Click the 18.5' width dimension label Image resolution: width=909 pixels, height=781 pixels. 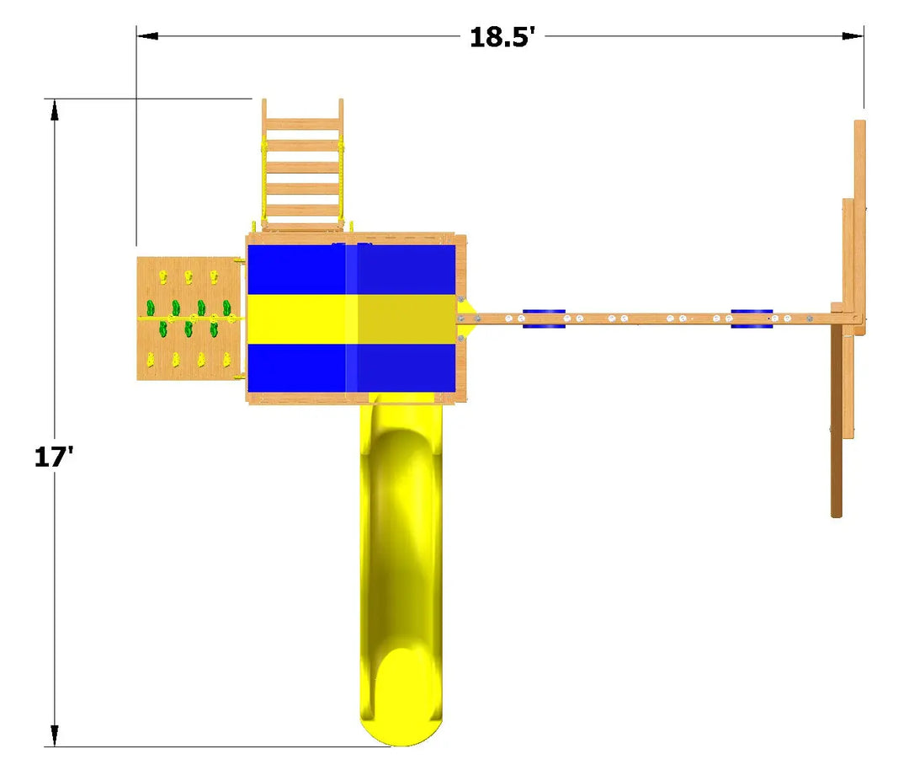(x=502, y=37)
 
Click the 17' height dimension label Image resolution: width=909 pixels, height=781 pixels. (x=54, y=457)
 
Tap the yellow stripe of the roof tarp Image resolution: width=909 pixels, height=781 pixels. (x=351, y=319)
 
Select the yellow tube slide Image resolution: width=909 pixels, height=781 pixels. (x=401, y=569)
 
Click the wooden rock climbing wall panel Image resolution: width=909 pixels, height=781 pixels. (x=189, y=318)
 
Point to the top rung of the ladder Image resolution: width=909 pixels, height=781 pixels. (x=303, y=124)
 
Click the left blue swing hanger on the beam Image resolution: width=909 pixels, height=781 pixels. (x=544, y=318)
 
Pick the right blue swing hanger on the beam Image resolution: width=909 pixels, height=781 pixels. (x=752, y=318)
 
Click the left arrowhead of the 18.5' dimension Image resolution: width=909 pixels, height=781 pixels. (x=147, y=36)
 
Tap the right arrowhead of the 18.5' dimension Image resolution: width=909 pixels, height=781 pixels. (x=853, y=36)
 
